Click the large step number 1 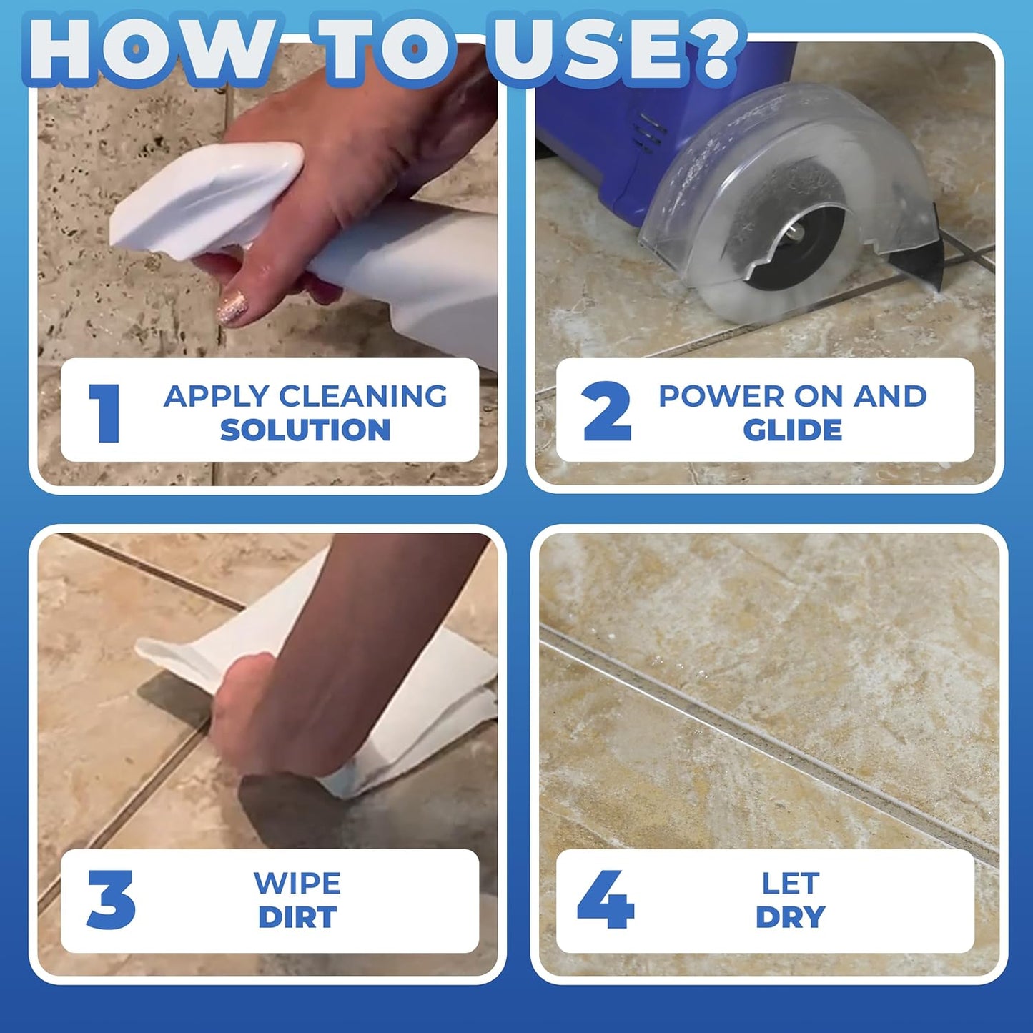point(105,412)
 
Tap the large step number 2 point(606,411)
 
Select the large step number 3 point(111,899)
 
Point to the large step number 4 point(605,899)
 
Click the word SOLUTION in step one point(305,430)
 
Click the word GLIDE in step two point(792,430)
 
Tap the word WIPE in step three point(297,884)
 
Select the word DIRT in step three point(297,917)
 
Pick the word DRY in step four point(791,917)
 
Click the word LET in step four point(791,884)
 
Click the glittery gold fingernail point(233,310)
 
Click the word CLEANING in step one point(362,396)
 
